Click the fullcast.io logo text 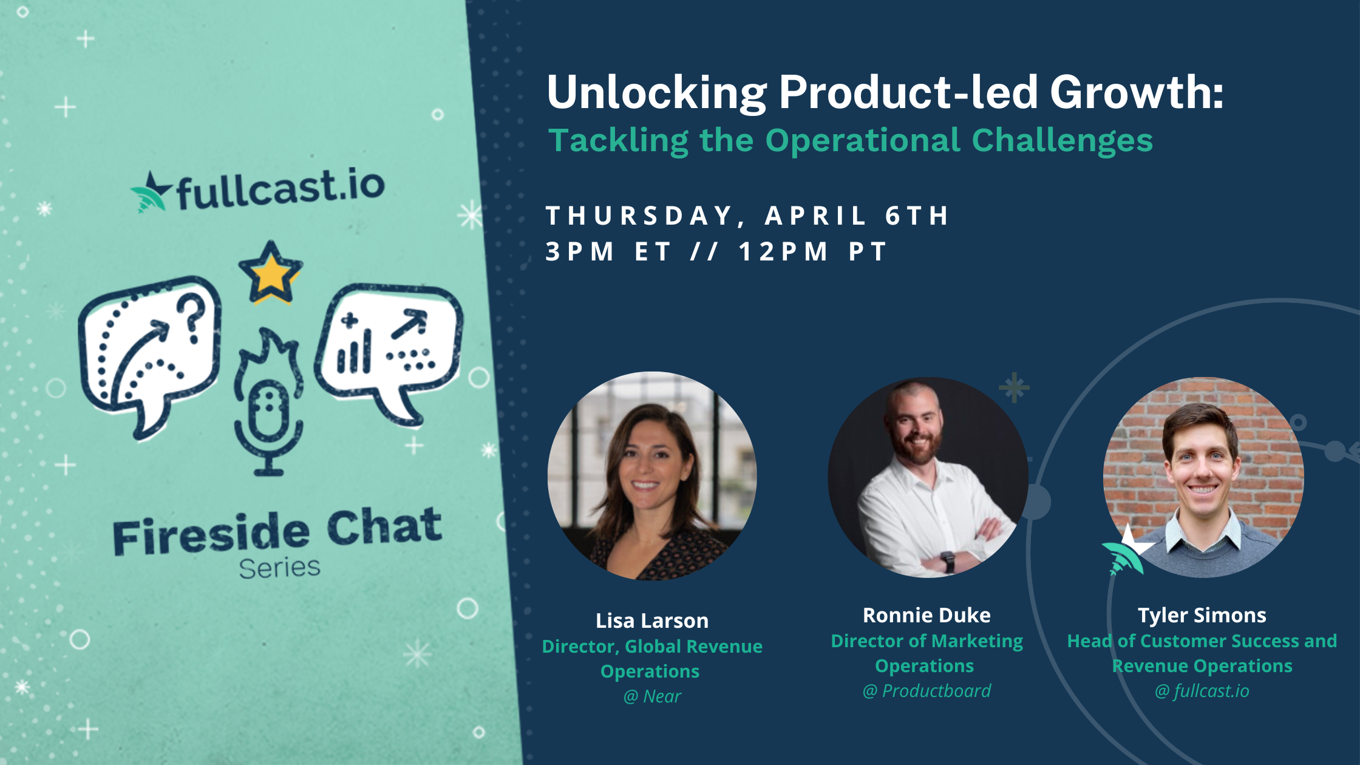click(280, 189)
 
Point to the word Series click(279, 568)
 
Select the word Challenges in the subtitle click(1062, 141)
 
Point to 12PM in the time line click(783, 251)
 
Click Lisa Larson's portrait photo click(652, 476)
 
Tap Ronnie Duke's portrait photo click(928, 477)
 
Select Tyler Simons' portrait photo click(1203, 477)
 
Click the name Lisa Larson click(652, 620)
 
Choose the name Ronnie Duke click(926, 615)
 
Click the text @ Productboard click(926, 691)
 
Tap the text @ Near click(652, 696)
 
